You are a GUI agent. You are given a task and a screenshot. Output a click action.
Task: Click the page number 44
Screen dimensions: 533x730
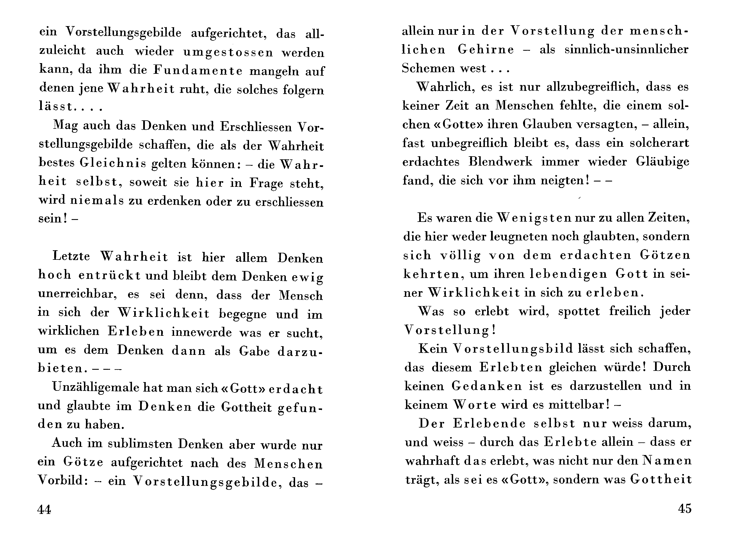pos(44,509)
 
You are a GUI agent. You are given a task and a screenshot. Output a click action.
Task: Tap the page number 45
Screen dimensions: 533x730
pos(685,509)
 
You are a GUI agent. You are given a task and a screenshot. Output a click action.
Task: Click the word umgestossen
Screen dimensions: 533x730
pos(228,52)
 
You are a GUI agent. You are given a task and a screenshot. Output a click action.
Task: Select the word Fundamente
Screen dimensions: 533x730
pos(198,70)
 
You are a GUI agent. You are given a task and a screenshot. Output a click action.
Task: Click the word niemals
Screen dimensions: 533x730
pos(97,200)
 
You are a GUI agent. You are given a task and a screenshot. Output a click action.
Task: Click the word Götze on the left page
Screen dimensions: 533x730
pos(83,462)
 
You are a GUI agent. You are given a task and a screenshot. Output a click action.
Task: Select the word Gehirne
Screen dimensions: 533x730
pos(486,49)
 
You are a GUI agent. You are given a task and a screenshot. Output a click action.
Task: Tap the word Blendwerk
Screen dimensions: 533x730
pos(500,161)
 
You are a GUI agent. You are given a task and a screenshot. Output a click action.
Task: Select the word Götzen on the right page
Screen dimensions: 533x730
pos(665,255)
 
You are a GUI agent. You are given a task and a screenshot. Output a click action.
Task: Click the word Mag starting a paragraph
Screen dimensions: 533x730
pos(65,125)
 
